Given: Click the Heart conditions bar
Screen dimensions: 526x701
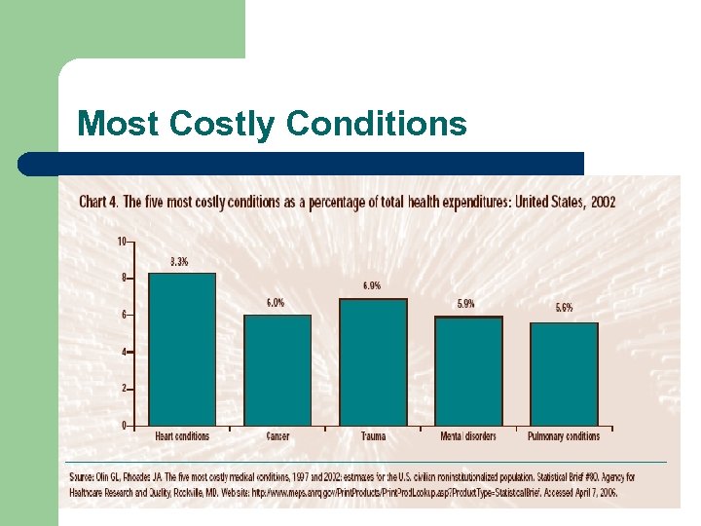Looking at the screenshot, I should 181,349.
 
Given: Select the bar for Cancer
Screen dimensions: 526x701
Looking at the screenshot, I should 277,369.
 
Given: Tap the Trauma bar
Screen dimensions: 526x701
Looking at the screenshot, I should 372,361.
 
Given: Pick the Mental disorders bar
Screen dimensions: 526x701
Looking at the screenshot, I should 467,370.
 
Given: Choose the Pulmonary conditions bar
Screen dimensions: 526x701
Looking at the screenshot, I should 563,373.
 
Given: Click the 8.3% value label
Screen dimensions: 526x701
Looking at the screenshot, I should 179,261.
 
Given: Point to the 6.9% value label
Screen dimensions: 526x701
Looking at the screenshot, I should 372,286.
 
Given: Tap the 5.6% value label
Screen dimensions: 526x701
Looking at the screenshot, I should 564,308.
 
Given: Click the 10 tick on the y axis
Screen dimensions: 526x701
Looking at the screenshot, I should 122,241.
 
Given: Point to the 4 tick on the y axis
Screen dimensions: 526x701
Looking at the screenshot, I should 124,352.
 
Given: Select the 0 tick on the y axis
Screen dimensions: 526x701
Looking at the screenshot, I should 124,426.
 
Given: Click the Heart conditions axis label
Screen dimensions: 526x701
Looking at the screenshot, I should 182,436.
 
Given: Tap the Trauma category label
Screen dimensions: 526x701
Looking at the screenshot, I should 372,436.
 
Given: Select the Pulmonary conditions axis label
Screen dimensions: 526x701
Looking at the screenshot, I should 564,436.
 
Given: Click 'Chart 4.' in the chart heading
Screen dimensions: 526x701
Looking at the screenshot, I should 98,203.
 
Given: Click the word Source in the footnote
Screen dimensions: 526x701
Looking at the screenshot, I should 84,477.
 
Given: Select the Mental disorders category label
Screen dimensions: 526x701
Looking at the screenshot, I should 467,436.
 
